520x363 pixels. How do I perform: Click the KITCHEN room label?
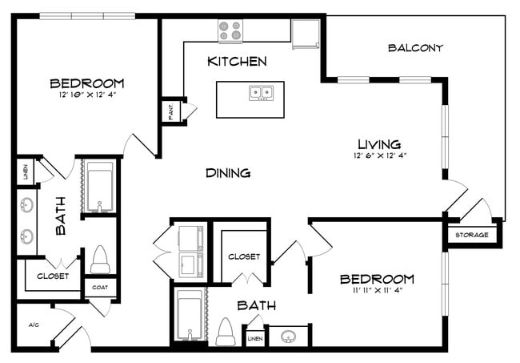[x=237, y=62]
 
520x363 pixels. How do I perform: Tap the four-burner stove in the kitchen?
[x=230, y=30]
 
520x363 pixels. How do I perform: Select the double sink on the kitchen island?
[x=260, y=92]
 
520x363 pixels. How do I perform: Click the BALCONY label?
[x=415, y=48]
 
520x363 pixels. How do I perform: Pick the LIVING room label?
[x=378, y=143]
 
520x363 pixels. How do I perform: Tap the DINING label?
[x=228, y=173]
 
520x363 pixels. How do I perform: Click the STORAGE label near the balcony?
[x=472, y=236]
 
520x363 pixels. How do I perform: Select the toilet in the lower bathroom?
[x=226, y=332]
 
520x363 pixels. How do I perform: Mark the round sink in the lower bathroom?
[x=289, y=336]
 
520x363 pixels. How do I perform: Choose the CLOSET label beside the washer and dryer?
[x=244, y=257]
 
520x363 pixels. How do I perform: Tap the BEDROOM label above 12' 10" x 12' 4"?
[x=86, y=83]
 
